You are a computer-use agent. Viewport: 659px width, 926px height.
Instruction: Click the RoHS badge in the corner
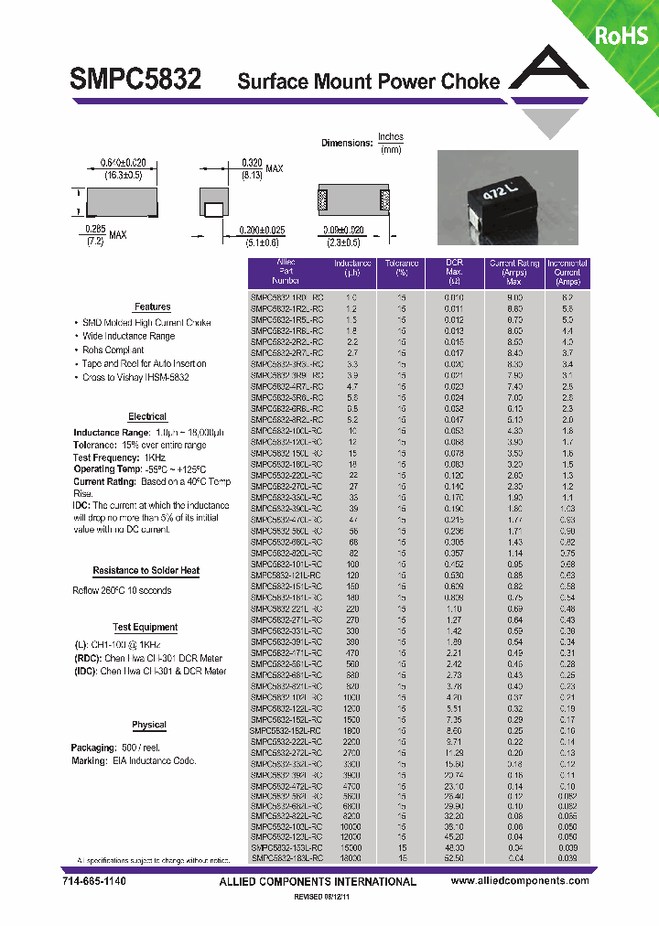(621, 35)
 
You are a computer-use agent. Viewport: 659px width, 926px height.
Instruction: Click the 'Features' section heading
(152, 307)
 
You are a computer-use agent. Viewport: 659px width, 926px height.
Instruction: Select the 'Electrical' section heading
(147, 416)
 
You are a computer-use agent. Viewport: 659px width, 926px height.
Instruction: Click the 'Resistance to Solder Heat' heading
(146, 571)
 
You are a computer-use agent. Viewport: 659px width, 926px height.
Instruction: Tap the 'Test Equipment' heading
(145, 628)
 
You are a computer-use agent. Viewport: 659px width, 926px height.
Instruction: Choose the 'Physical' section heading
(148, 725)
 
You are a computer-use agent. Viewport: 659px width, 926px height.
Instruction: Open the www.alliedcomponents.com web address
(520, 881)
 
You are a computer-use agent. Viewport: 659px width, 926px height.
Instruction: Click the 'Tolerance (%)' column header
(402, 267)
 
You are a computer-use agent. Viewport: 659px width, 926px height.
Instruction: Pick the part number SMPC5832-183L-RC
(286, 858)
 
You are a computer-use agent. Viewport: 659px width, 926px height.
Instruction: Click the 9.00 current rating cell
(514, 298)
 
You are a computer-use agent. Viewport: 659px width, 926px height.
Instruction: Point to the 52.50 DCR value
(455, 858)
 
